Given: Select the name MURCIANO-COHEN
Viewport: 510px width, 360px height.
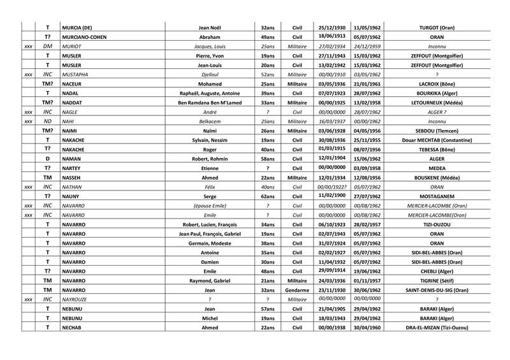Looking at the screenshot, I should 83,37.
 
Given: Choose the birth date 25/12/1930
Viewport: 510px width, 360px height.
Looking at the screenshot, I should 331,27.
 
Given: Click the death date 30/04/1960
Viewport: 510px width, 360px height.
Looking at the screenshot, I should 366,327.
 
